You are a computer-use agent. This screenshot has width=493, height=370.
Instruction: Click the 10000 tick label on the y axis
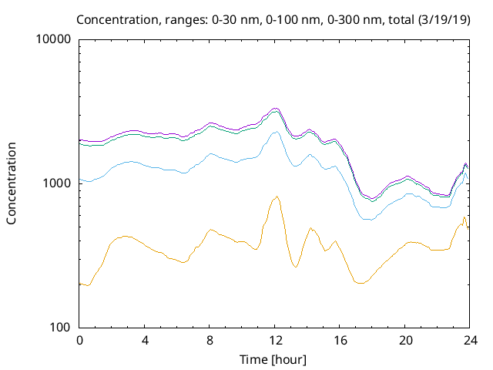(55, 39)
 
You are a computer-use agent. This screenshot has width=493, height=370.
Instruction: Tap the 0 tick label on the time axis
(79, 340)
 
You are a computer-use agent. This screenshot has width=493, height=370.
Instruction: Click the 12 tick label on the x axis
(275, 340)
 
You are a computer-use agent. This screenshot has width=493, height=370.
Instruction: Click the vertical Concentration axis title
(12, 183)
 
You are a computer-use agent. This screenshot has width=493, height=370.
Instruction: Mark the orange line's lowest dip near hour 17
(359, 284)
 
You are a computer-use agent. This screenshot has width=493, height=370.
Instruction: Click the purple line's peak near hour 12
(276, 108)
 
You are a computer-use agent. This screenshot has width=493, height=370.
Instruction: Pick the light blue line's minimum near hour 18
(368, 220)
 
